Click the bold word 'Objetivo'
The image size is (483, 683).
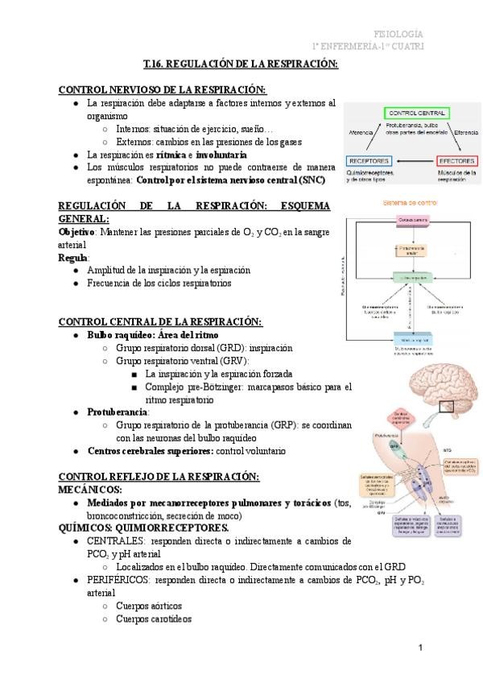[x=76, y=232]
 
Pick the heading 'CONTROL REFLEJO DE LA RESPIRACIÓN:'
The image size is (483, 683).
[x=159, y=478]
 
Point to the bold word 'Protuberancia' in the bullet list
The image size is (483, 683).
[x=118, y=412]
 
